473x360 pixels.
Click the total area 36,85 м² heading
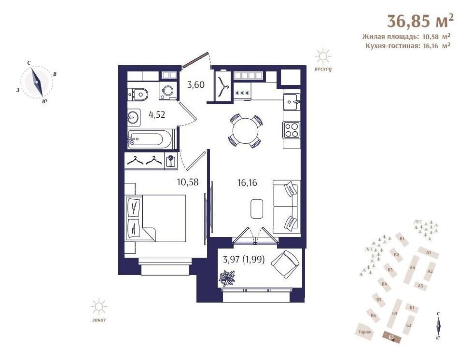(420, 21)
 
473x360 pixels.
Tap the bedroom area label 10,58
(188, 182)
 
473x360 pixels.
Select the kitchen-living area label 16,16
(247, 183)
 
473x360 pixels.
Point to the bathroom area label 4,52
(157, 114)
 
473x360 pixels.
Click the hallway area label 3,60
(196, 85)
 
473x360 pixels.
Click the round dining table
(245, 131)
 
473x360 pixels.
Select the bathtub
(150, 139)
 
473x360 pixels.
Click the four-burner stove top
(292, 130)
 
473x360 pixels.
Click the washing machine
(168, 91)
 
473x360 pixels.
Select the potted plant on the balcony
(228, 278)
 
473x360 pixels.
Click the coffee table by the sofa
(257, 208)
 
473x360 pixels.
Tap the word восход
(323, 69)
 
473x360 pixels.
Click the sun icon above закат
(99, 307)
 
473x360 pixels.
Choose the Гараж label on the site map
(365, 332)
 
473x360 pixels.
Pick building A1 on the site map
(429, 252)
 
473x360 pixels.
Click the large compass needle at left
(37, 82)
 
